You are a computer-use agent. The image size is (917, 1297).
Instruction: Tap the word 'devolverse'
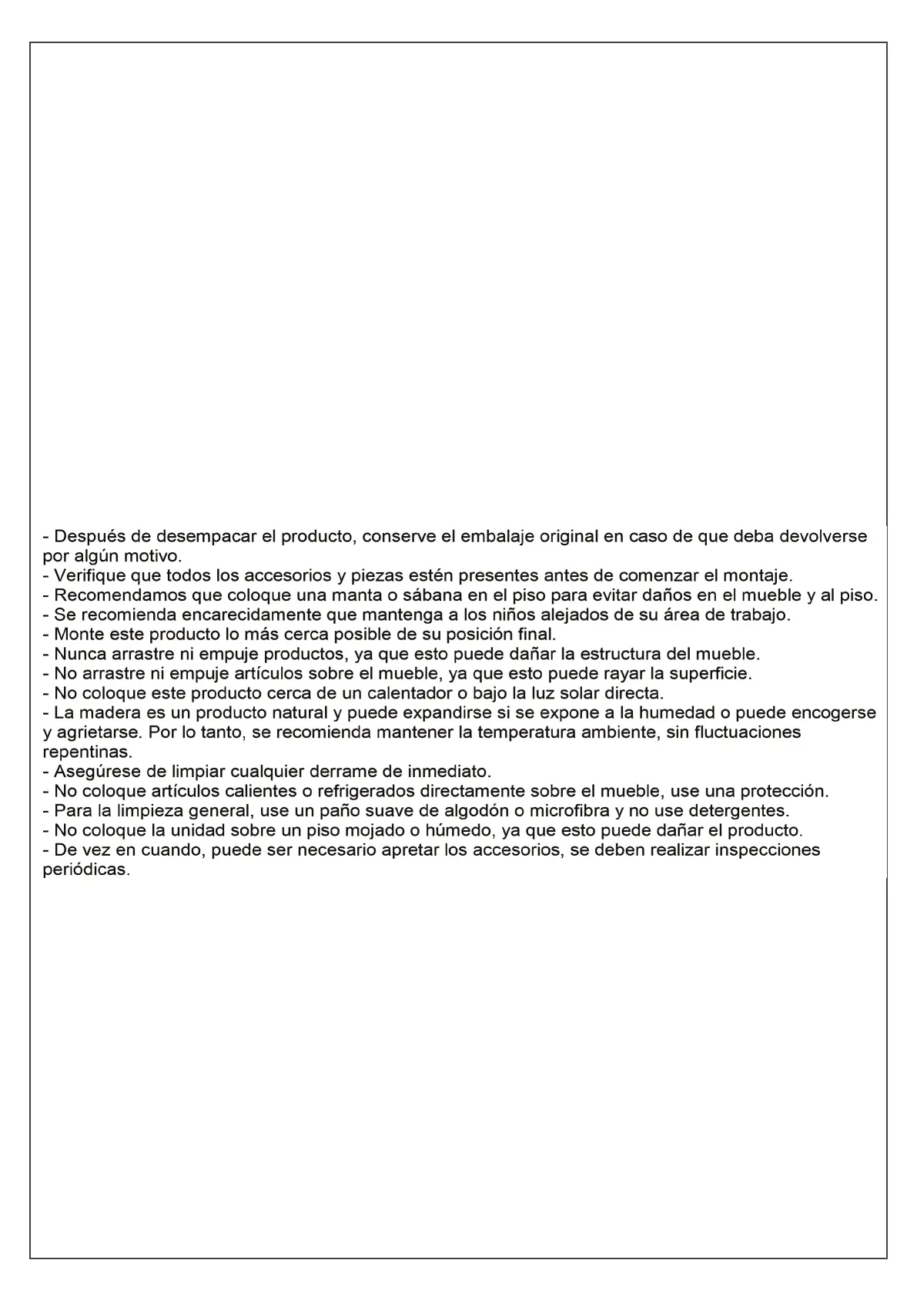click(x=823, y=536)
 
